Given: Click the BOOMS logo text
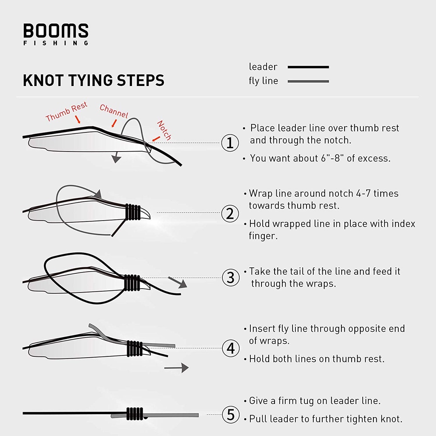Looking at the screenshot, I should (56, 32).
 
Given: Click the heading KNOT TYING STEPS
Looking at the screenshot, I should (93, 80).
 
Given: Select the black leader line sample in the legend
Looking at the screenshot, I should (308, 67).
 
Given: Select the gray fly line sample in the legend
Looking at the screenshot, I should (308, 81).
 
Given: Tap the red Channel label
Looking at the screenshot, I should (114, 112).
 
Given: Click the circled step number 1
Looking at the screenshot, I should (230, 143).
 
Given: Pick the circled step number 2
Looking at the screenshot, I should (230, 213).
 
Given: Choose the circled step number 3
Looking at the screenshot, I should (230, 278).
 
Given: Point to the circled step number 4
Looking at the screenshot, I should (230, 348).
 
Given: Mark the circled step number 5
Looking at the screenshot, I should (230, 414).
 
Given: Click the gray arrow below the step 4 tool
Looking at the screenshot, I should (177, 367).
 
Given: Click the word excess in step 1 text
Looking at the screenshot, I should (373, 158).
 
